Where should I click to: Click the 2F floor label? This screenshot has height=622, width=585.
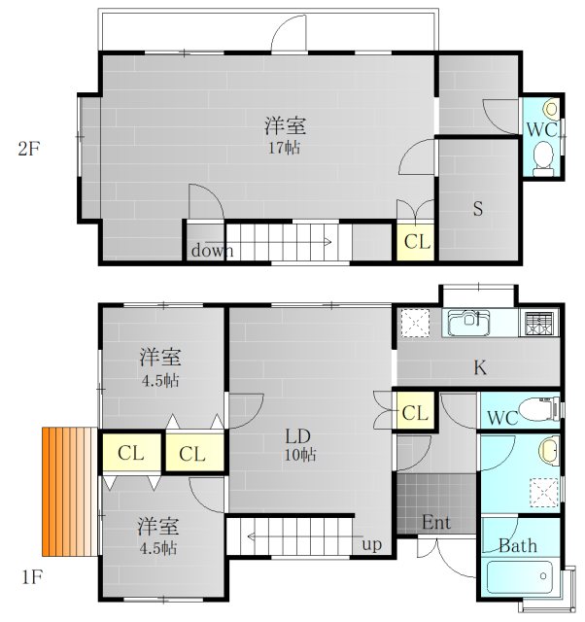(28, 149)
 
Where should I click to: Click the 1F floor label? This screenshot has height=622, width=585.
(31, 577)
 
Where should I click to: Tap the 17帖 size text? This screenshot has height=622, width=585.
(285, 148)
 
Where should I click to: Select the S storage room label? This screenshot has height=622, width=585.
(478, 209)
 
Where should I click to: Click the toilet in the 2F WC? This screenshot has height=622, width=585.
(543, 158)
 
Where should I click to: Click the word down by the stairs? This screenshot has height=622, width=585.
(212, 251)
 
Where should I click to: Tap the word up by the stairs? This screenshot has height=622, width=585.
(371, 545)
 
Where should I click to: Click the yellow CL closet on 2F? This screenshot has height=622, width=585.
(416, 241)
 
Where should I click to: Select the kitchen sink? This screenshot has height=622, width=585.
(468, 322)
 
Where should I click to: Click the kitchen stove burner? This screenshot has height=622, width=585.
(539, 324)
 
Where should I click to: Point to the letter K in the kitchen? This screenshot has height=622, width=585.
(480, 367)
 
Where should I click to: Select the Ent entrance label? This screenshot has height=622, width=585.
(436, 523)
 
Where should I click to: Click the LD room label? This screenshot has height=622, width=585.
(298, 436)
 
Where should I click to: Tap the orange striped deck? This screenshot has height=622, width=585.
(70, 491)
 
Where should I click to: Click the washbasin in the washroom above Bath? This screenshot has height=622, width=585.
(548, 451)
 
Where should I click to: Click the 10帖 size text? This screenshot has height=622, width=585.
(300, 455)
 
